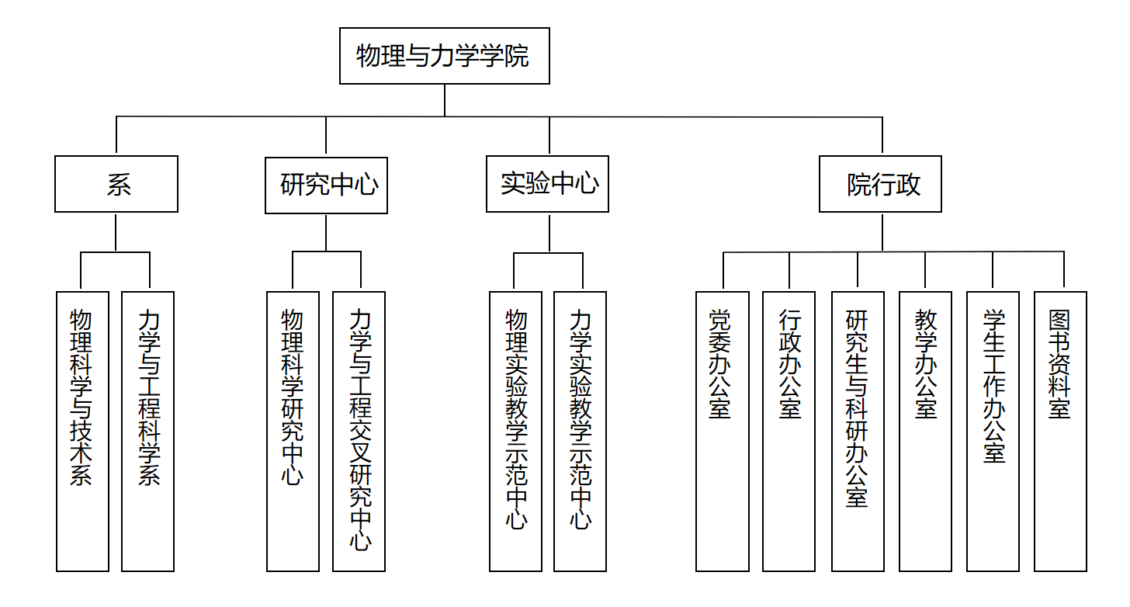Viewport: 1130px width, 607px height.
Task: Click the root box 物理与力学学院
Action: click(x=444, y=56)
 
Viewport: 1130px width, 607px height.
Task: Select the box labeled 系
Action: click(x=116, y=184)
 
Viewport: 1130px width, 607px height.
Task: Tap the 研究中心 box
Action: click(x=326, y=185)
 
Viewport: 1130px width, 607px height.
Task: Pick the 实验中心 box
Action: click(x=547, y=184)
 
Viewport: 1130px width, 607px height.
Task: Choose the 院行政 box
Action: click(x=880, y=184)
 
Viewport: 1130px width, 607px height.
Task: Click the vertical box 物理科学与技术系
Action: click(x=82, y=431)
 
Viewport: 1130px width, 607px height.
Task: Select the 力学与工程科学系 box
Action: click(x=147, y=431)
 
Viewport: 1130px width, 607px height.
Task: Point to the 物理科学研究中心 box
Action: click(x=293, y=431)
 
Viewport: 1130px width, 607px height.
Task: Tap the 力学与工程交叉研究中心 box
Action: click(x=359, y=431)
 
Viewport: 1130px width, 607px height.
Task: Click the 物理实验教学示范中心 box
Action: click(x=515, y=431)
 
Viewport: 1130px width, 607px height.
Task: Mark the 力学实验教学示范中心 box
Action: click(x=580, y=431)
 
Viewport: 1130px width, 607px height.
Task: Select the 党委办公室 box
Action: click(x=722, y=431)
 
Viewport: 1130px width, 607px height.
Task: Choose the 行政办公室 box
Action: click(x=789, y=431)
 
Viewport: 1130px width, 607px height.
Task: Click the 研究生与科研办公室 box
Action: click(x=857, y=431)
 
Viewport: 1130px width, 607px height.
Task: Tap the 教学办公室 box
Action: click(x=925, y=431)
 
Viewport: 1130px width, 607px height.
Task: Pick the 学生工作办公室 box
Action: click(x=993, y=431)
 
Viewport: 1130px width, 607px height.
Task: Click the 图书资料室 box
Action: click(x=1060, y=431)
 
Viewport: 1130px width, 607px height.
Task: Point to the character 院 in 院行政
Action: click(x=858, y=185)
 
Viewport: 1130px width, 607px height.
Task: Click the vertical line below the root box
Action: click(x=445, y=100)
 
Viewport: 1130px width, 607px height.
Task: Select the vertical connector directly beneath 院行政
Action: click(x=882, y=231)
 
